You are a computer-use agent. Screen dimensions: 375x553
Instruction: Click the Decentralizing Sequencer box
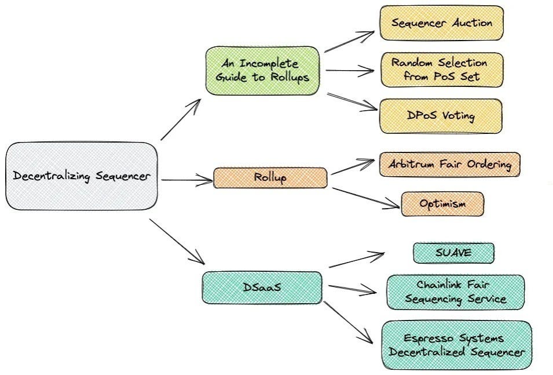point(82,176)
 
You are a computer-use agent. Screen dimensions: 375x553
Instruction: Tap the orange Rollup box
point(270,178)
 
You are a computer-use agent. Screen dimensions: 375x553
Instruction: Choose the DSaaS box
point(262,287)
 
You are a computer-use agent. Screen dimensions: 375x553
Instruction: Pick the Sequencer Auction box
point(441,23)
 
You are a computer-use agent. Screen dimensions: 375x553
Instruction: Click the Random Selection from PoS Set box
point(441,70)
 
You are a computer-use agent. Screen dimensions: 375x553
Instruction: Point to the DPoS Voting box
point(441,116)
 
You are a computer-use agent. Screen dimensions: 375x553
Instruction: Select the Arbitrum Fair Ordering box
point(449,165)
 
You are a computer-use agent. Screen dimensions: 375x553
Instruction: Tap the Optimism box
point(442,204)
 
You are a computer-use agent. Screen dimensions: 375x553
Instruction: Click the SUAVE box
point(453,253)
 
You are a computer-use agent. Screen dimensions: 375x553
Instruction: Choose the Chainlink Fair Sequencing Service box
point(455,292)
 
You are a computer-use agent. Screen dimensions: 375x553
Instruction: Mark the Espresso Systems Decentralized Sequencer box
point(456,345)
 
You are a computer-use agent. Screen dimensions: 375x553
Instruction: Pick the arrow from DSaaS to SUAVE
point(357,260)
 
